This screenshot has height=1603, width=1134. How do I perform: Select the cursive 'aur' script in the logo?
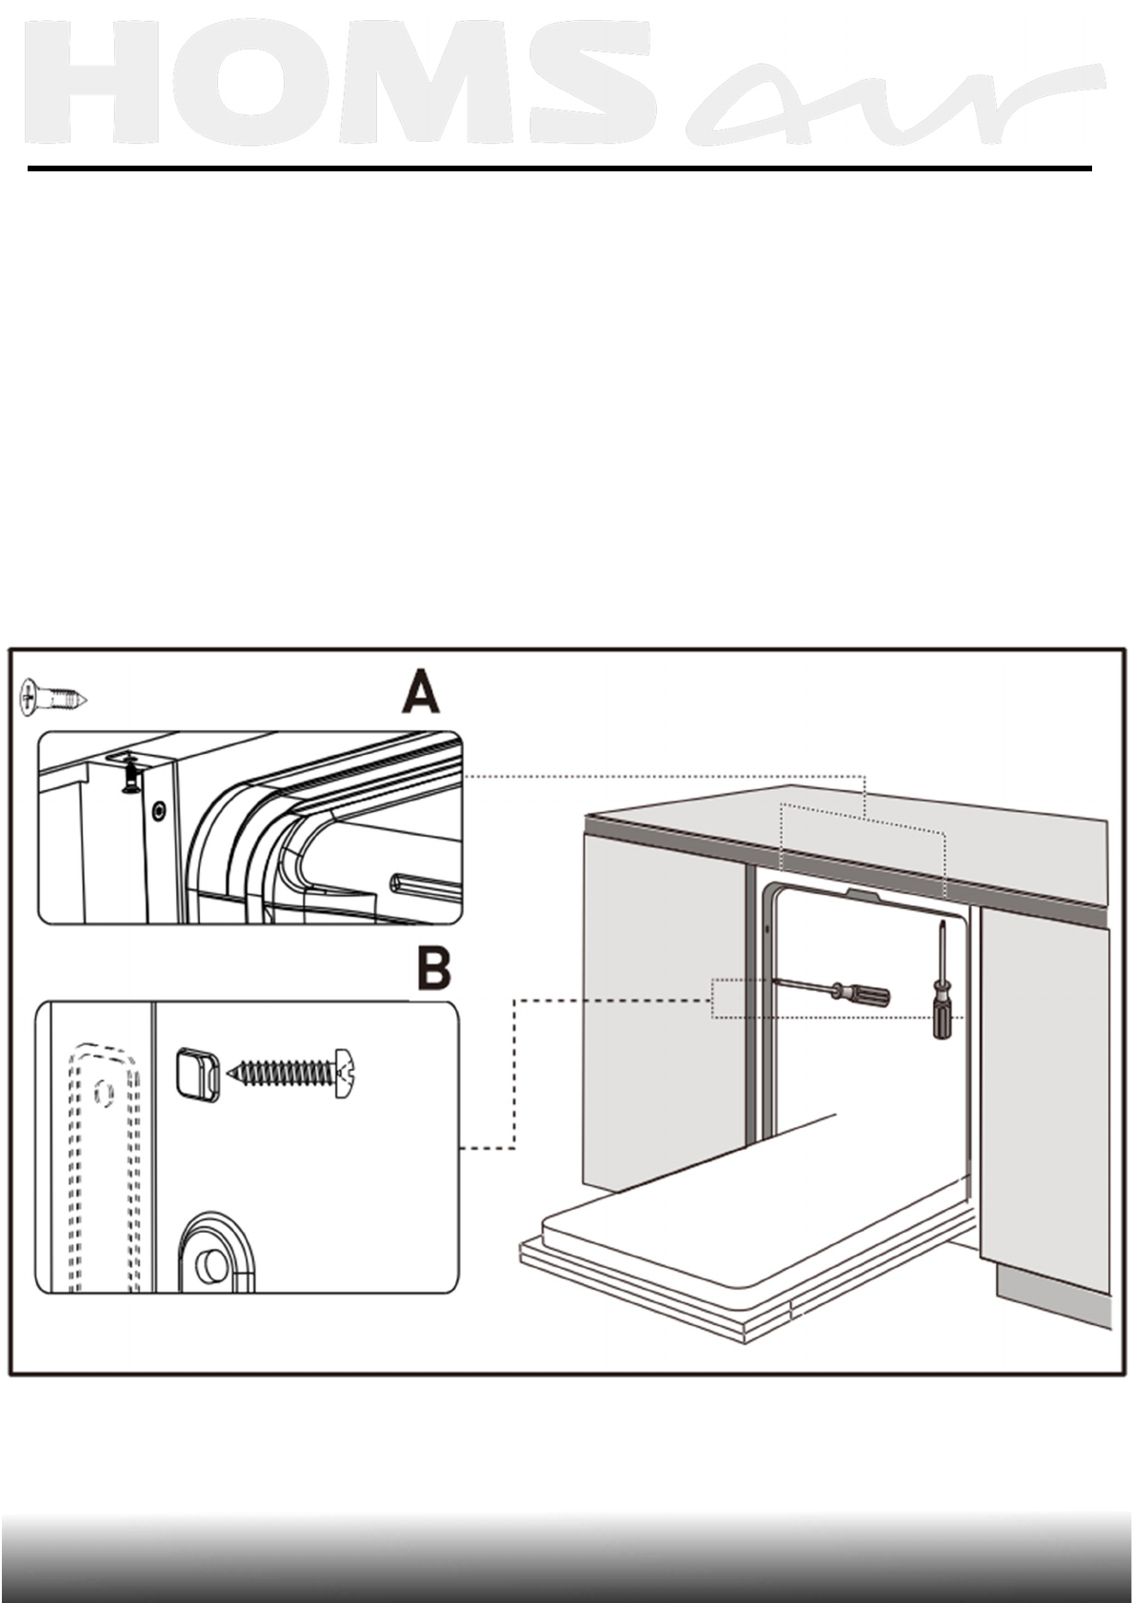(x=895, y=105)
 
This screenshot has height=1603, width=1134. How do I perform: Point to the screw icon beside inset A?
(x=52, y=699)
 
